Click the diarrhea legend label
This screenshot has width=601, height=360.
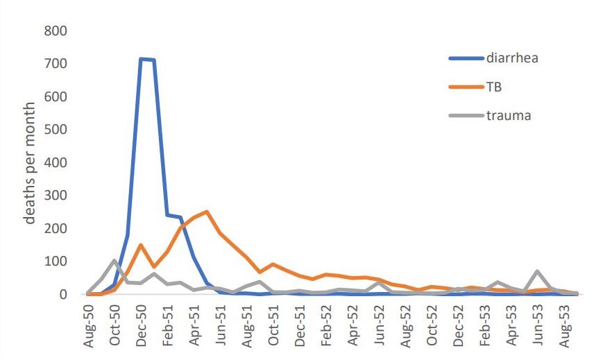(512, 58)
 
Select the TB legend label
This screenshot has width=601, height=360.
(494, 87)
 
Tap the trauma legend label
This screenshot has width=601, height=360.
(509, 116)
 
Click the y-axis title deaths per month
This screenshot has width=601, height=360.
(30, 163)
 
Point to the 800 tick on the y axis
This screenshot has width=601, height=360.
(56, 31)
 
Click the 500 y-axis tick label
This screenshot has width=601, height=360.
(56, 130)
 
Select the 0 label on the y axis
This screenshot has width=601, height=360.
(63, 295)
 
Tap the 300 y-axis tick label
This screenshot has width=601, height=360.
(56, 196)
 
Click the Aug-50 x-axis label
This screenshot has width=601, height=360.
(89, 326)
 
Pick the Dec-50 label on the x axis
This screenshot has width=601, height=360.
(142, 326)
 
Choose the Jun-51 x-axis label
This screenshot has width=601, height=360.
(221, 325)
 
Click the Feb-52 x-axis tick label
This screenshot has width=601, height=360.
(326, 325)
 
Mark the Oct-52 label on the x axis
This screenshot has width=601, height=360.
(432, 325)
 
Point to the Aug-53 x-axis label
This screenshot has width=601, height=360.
(564, 326)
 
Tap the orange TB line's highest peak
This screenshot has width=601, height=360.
(207, 212)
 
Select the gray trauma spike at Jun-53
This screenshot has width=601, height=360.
(538, 271)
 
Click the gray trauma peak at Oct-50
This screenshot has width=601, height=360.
(115, 261)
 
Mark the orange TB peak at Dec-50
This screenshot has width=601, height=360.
(141, 245)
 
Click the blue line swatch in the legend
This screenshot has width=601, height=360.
(466, 58)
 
